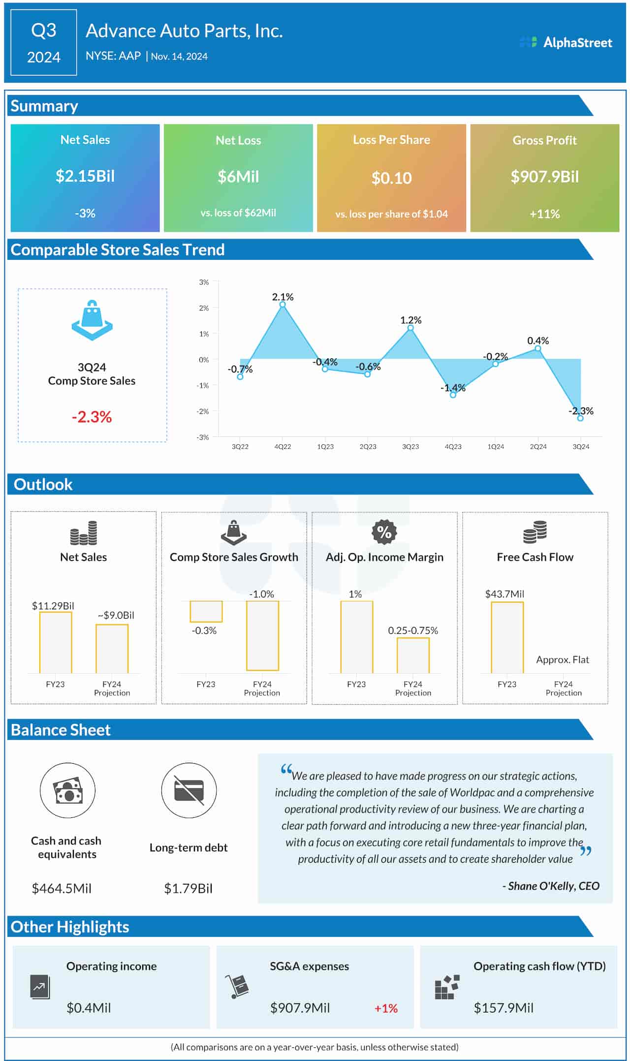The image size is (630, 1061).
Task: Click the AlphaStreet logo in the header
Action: (566, 43)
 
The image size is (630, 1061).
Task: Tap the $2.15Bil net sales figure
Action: (85, 176)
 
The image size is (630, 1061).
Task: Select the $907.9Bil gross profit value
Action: (544, 177)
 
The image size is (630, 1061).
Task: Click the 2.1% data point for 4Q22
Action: (283, 305)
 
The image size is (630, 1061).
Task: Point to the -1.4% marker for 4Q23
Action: (453, 395)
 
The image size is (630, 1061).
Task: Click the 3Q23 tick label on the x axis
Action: (410, 447)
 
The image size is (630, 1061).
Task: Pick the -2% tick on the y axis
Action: (203, 411)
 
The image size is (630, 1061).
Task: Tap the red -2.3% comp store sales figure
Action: (92, 417)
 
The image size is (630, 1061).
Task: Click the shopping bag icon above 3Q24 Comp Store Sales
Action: (92, 320)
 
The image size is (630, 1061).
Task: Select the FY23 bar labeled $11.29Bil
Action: (56, 642)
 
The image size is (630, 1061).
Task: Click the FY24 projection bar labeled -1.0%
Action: (262, 635)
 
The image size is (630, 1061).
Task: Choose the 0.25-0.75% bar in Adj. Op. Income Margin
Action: (413, 655)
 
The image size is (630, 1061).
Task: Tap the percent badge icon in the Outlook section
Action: (384, 532)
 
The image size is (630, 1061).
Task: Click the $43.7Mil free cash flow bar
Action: (507, 637)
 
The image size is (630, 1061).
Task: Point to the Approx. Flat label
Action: (562, 659)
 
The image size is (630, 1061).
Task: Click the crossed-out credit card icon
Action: (189, 790)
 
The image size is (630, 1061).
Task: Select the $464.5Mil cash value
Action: (62, 888)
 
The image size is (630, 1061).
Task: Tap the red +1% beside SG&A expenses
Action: (386, 1008)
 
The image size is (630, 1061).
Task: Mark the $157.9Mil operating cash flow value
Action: (503, 1008)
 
